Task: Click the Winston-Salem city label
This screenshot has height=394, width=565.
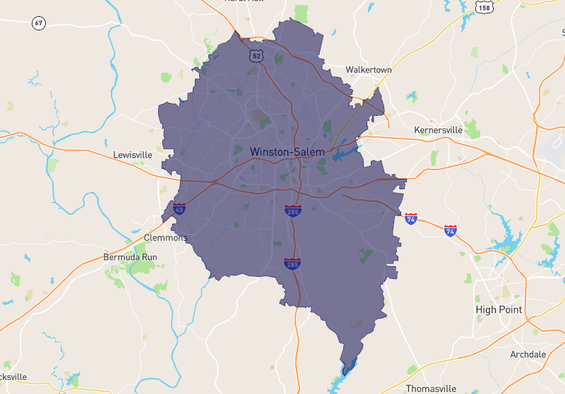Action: [287, 152]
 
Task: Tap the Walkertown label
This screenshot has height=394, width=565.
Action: [369, 70]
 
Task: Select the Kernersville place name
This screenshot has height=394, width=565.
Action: [438, 130]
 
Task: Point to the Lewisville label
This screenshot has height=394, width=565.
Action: [133, 154]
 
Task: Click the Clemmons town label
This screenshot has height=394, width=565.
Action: [165, 238]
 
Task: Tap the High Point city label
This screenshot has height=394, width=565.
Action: [499, 309]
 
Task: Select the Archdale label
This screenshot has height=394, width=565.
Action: [528, 354]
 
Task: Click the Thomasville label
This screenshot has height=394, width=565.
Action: [431, 388]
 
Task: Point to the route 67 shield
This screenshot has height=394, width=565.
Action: [39, 24]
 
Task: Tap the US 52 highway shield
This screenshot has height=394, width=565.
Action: [256, 54]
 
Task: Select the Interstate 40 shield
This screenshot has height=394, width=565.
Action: [179, 208]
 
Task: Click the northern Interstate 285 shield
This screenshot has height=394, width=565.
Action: [292, 210]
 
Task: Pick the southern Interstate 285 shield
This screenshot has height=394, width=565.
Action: [292, 264]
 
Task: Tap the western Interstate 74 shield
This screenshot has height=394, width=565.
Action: [411, 218]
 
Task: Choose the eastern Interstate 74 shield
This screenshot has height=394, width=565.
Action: [451, 230]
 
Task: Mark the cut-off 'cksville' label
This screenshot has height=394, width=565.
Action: [13, 376]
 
